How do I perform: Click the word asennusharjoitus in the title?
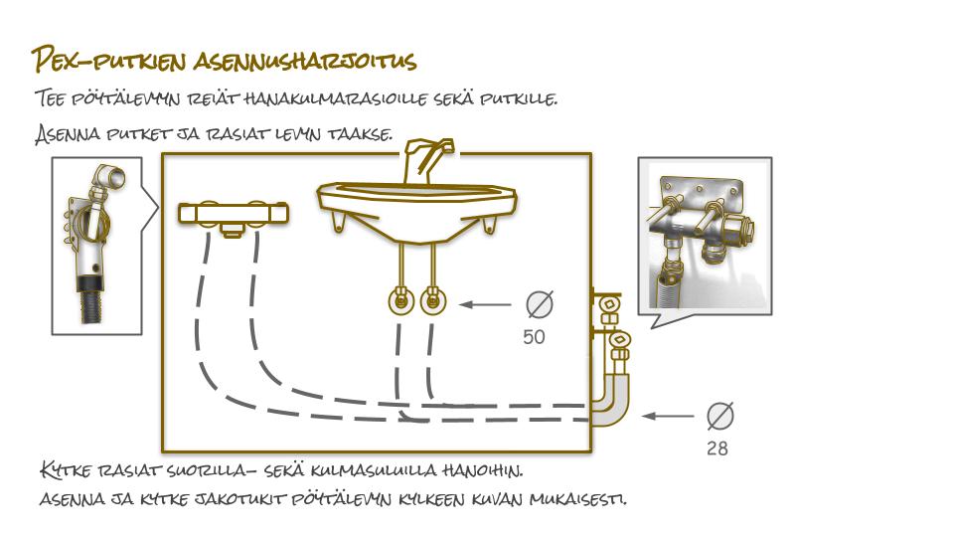tap(305, 61)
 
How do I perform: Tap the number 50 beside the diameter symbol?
tap(534, 337)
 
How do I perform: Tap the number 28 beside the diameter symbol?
tap(717, 448)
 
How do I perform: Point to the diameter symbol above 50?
tap(540, 304)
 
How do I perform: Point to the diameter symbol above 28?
tap(719, 416)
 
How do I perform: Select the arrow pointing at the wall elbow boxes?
tap(485, 304)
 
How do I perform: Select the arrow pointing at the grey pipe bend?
tap(668, 416)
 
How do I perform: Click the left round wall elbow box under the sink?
tap(400, 300)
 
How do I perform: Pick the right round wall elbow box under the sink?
tap(432, 300)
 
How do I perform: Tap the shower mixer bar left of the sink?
tap(233, 215)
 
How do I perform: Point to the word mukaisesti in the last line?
tap(577, 500)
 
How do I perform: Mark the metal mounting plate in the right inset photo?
tap(702, 190)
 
